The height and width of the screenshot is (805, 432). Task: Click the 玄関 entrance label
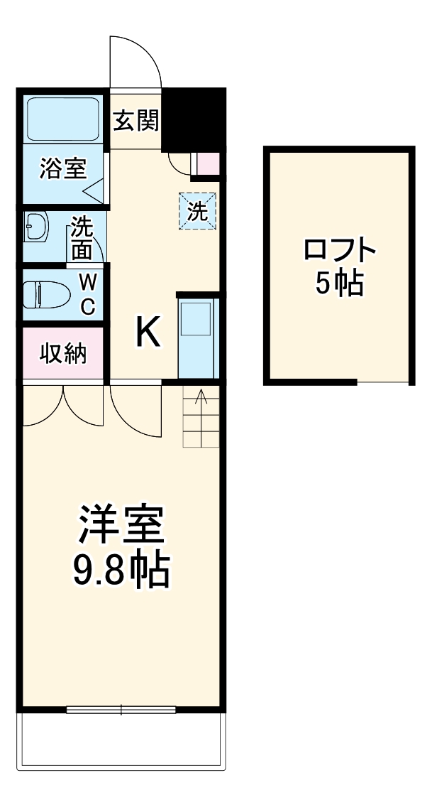coord(135,121)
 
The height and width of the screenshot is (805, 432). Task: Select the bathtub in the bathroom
coord(63,119)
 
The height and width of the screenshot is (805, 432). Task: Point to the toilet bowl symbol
coord(44,293)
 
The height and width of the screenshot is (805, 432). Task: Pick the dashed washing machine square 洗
coord(196,211)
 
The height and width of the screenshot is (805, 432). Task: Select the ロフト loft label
coord(339,250)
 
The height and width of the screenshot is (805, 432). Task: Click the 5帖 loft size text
coord(339,284)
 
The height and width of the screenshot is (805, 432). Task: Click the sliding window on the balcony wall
coord(121,708)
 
